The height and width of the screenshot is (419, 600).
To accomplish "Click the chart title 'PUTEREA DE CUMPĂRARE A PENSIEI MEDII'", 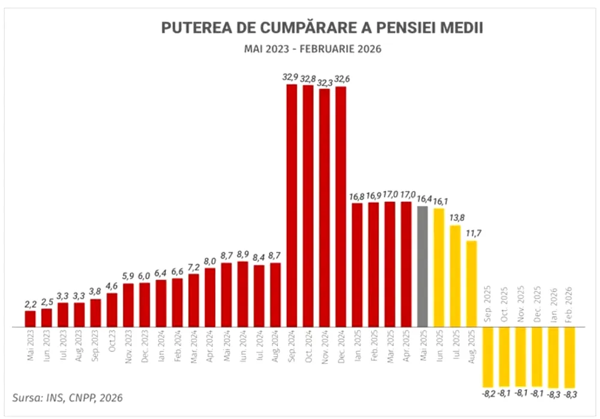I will [322, 28].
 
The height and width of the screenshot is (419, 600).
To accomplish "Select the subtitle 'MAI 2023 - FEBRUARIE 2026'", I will [312, 49].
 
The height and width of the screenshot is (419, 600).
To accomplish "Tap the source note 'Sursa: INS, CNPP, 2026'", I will [68, 397].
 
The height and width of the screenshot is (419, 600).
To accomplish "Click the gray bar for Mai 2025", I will [422, 267].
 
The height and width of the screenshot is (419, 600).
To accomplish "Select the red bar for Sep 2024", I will [292, 206].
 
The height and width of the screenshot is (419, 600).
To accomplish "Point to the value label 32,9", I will [291, 77].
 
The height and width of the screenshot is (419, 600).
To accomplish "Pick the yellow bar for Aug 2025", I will [471, 284].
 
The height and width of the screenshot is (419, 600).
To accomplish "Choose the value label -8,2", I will [488, 393].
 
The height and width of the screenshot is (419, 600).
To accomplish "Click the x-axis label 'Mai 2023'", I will [31, 347].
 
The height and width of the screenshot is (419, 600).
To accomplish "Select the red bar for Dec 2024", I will [341, 207].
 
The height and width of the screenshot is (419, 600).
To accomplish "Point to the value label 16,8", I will [357, 196].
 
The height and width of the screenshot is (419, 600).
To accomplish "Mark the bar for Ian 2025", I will [357, 265].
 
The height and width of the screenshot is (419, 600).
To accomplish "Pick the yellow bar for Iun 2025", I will [439, 268].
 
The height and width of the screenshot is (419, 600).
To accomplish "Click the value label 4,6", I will [112, 286].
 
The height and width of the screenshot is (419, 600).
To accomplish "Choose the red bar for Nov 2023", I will [128, 305].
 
